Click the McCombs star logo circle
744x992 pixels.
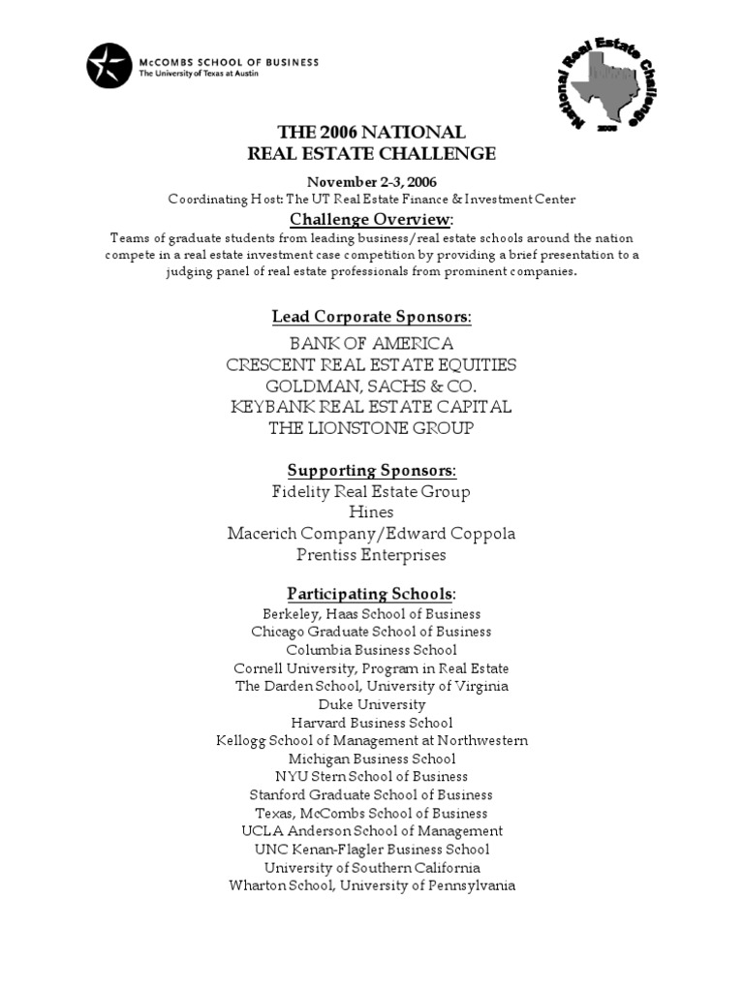[x=108, y=67]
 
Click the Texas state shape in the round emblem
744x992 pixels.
[x=604, y=88]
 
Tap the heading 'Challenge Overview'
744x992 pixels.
[x=371, y=219]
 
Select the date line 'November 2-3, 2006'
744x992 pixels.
[x=371, y=182]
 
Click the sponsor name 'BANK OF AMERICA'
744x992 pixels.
[x=371, y=344]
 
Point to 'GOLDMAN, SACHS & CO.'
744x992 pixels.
[x=371, y=386]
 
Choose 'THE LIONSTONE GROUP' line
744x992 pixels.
[x=371, y=427]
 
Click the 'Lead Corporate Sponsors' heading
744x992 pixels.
[x=371, y=317]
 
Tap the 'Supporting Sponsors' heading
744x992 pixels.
[x=371, y=470]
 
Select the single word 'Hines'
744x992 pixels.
[x=371, y=512]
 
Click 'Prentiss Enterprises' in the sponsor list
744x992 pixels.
[x=371, y=555]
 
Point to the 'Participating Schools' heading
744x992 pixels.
[x=371, y=593]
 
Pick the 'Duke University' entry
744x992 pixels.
[x=371, y=704]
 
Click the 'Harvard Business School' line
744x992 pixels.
[x=371, y=723]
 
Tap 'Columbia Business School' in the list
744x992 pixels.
[x=371, y=650]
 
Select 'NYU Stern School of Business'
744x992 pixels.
[x=371, y=777]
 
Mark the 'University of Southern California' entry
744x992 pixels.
[x=371, y=867]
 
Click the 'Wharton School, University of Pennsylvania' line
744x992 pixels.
[x=371, y=885]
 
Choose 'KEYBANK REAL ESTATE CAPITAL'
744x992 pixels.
[x=371, y=407]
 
